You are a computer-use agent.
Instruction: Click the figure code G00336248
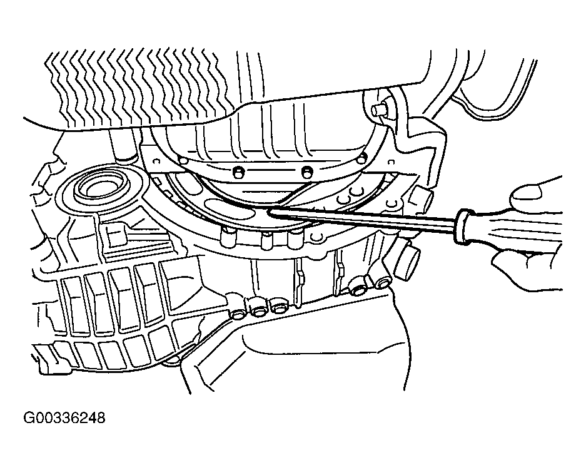64,417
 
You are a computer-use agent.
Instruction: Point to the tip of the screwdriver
268,212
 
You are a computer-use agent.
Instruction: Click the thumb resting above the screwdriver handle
535,192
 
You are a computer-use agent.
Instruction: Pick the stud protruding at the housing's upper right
378,111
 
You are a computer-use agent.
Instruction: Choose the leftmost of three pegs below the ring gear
227,239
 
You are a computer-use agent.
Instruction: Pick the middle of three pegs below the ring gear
266,240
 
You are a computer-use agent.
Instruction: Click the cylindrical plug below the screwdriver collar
407,261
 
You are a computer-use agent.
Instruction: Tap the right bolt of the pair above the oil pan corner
381,282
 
